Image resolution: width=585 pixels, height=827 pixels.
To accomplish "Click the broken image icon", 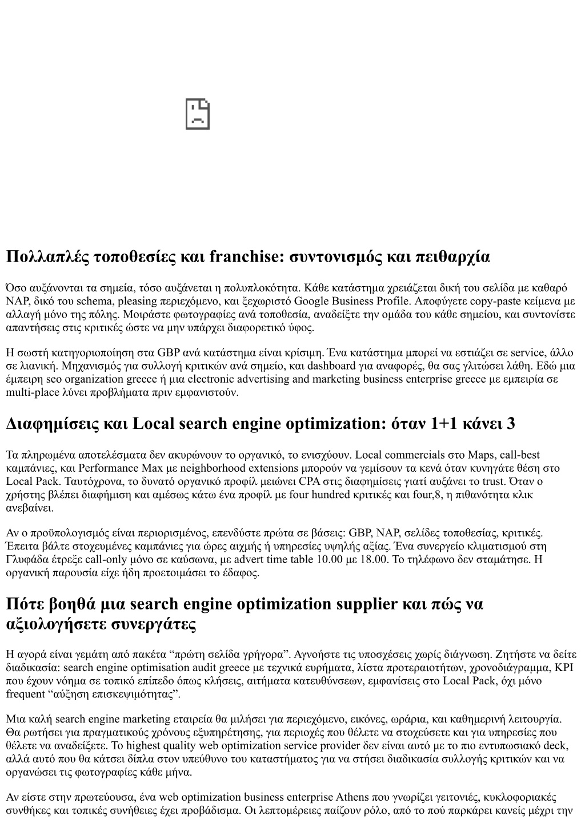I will (198, 114).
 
